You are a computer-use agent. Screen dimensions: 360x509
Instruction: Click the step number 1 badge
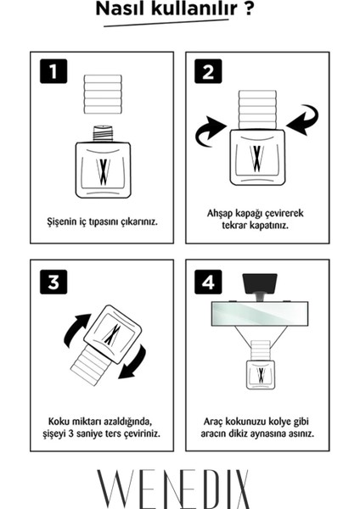(x=53, y=71)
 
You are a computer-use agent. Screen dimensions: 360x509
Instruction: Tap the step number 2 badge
(x=208, y=71)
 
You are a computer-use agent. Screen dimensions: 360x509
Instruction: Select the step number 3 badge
(x=53, y=282)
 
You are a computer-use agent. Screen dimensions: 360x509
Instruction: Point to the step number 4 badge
(x=208, y=282)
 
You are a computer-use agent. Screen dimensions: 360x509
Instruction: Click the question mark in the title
(x=248, y=8)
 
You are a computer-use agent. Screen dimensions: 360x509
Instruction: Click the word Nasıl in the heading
(x=120, y=8)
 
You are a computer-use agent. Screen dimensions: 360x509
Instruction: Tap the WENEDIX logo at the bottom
(x=173, y=489)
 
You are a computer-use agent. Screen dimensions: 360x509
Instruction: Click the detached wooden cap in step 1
(x=103, y=94)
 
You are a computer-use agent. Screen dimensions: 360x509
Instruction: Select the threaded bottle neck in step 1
(x=103, y=134)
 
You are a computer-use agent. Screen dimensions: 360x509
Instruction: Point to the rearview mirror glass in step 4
(x=260, y=314)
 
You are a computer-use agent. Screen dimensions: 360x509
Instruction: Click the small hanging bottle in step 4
(x=261, y=365)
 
